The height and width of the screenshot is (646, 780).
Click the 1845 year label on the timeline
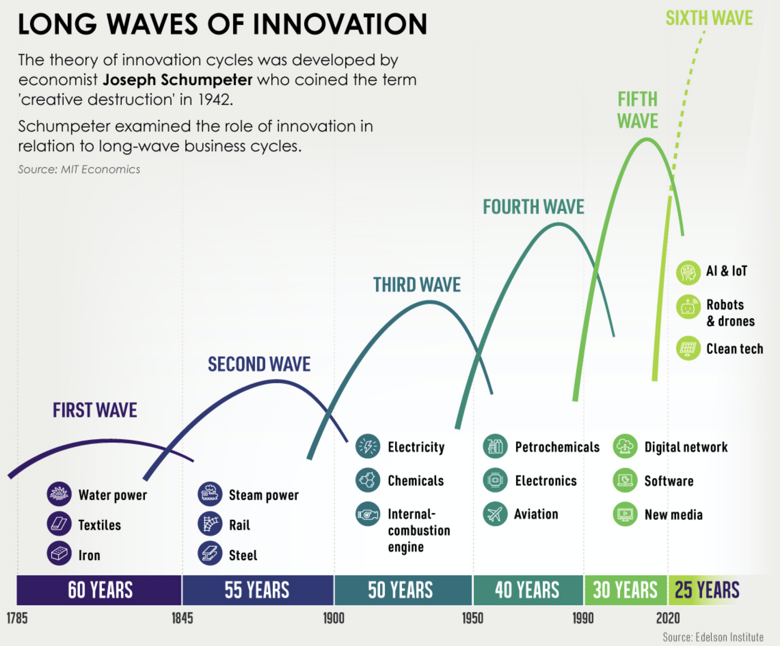[182, 619]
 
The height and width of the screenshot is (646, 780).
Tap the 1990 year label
[583, 619]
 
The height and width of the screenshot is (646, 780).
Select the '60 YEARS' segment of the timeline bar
[100, 590]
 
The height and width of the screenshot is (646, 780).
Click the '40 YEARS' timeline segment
[528, 590]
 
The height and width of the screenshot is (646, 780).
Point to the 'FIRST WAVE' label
[95, 410]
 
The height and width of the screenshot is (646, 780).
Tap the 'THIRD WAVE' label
[417, 285]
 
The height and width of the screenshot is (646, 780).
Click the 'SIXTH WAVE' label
[709, 18]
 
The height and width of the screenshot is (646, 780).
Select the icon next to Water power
[59, 494]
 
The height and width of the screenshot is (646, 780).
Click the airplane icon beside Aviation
[495, 514]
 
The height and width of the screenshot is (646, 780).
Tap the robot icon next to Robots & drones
[688, 307]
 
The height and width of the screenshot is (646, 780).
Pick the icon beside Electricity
[368, 446]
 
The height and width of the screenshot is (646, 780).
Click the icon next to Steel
[209, 553]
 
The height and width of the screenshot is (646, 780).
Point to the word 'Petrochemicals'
[557, 447]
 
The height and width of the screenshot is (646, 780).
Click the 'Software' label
[669, 481]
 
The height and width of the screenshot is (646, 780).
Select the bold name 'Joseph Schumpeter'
[178, 80]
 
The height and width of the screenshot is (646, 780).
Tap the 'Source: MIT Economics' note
[79, 170]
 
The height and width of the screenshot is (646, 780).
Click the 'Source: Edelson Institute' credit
[713, 637]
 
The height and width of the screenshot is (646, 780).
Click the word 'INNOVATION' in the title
[340, 24]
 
